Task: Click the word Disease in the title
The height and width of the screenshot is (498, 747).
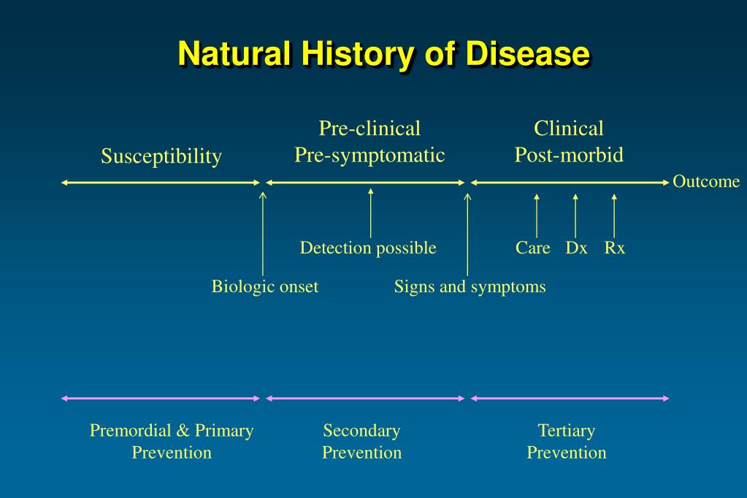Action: coord(528,54)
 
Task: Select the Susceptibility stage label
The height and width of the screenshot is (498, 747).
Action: coord(161,156)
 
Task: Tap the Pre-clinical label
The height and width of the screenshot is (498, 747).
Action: coord(369,129)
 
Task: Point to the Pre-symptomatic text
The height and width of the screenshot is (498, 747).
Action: coord(369,155)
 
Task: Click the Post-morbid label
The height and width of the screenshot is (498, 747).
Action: coord(569,155)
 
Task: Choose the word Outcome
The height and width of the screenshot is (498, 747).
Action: coord(706,182)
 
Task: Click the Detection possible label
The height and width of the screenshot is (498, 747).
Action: coord(368,248)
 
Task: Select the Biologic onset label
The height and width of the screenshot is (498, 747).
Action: coord(265,286)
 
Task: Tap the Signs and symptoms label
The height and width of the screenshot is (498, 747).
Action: coord(470,286)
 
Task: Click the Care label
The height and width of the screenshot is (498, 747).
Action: coord(532,248)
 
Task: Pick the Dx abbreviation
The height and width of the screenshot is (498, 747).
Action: coord(576,248)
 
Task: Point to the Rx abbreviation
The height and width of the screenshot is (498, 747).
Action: coord(614,248)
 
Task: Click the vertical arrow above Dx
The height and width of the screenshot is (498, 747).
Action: coord(575,215)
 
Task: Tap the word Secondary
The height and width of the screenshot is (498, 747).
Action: coord(361,430)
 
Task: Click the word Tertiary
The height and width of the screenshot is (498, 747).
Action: coord(567,430)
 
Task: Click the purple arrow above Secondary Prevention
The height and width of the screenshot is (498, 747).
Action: coord(365,398)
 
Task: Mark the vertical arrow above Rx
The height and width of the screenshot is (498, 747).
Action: coord(614,215)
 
